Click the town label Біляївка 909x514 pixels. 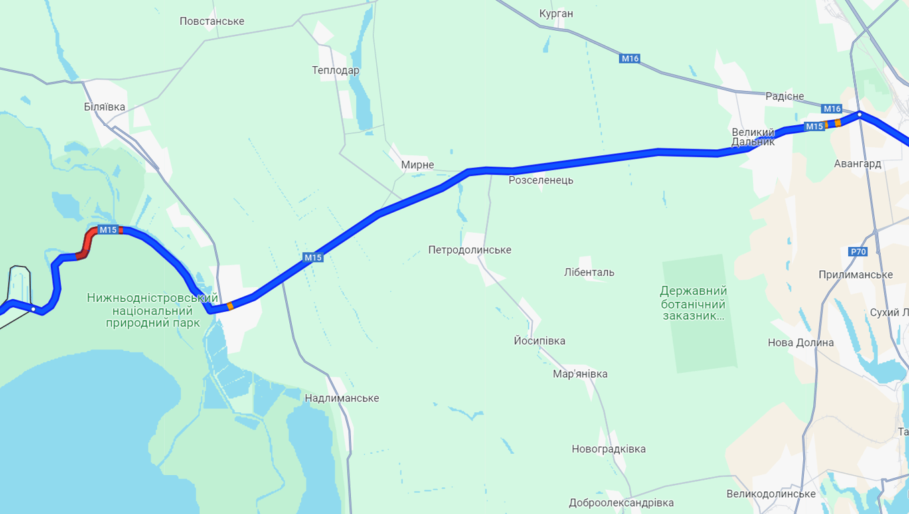(x=104, y=107)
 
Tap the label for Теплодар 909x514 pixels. (x=335, y=70)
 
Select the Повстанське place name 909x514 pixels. (x=212, y=21)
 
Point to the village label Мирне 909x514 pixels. (x=418, y=165)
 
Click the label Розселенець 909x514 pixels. (x=541, y=180)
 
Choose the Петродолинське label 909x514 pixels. (x=469, y=250)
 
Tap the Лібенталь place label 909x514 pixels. (x=589, y=272)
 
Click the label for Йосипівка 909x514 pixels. (x=539, y=341)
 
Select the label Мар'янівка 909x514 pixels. (x=580, y=374)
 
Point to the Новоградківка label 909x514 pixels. (x=608, y=449)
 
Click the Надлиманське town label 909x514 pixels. (x=341, y=398)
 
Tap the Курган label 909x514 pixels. (x=556, y=14)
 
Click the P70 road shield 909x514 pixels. (x=857, y=252)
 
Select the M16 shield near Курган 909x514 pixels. (x=630, y=59)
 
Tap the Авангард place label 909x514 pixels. (x=857, y=164)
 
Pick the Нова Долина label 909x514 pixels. (x=801, y=343)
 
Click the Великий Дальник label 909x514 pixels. (x=752, y=137)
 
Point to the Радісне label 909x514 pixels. (x=784, y=96)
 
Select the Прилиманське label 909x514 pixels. (x=855, y=275)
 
